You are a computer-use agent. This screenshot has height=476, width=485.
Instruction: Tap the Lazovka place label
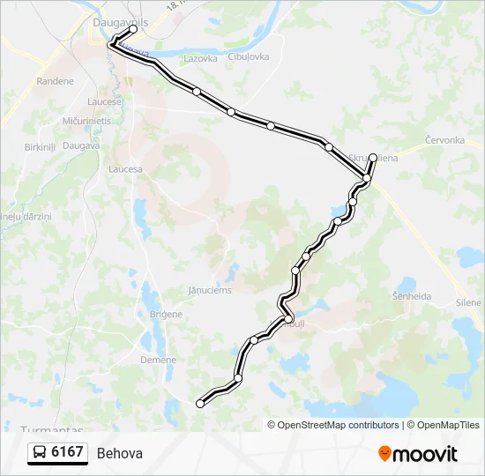(200, 59)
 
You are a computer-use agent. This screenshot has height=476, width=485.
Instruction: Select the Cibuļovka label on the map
(249, 56)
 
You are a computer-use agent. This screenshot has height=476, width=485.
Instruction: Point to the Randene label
(55, 81)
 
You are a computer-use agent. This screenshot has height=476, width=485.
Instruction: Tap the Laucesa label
(125, 168)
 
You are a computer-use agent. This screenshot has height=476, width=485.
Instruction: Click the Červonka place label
(444, 140)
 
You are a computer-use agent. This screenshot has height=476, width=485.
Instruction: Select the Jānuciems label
(210, 289)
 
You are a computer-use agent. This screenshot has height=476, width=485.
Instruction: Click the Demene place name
(159, 360)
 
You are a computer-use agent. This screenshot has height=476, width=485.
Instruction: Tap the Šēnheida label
(411, 296)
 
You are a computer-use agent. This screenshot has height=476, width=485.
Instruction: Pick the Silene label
(468, 302)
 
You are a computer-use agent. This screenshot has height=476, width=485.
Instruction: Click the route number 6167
(68, 453)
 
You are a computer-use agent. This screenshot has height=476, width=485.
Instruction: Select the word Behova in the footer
(119, 454)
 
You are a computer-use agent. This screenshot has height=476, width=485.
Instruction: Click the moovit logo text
(425, 454)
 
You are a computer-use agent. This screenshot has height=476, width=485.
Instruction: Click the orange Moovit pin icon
(385, 454)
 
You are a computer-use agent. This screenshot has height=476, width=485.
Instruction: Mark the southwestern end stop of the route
(200, 403)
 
